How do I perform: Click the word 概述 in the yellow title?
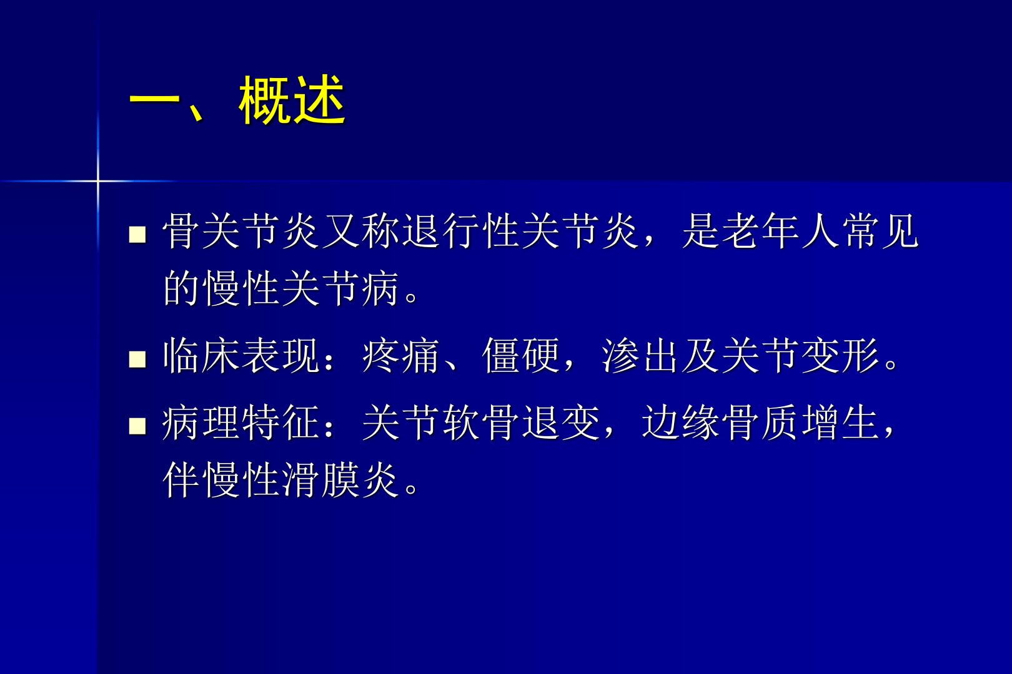(292, 100)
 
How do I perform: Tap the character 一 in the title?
(155, 100)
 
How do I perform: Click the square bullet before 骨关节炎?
(137, 234)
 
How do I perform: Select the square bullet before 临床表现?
(137, 359)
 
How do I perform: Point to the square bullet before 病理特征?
(137, 426)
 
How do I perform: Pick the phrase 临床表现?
(242, 356)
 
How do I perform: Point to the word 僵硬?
(521, 356)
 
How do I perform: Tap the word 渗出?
(641, 356)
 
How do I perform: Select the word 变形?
(841, 356)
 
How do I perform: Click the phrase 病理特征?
(242, 422)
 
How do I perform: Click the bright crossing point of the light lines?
(98, 182)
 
